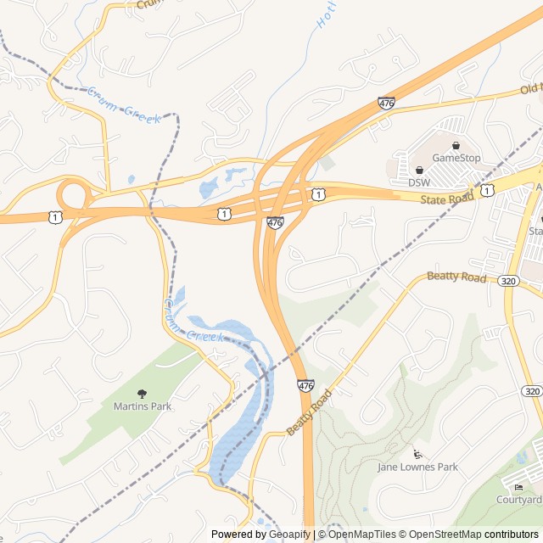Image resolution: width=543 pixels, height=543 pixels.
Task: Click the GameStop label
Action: (456, 158)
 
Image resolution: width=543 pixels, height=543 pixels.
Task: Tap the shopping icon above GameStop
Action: (456, 145)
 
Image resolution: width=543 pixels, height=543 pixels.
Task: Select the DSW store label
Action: (419, 182)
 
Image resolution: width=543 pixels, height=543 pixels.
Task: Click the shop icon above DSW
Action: (419, 170)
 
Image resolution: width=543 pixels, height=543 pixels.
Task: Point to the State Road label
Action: (447, 199)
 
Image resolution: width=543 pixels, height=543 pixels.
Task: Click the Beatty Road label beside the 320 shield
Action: (456, 277)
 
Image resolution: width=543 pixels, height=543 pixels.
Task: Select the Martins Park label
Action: (143, 406)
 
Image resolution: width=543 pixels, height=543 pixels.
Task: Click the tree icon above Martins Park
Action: (142, 393)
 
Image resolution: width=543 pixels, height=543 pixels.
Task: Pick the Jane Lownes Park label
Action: (417, 467)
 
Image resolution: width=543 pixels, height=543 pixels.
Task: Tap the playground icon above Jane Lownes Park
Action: (416, 453)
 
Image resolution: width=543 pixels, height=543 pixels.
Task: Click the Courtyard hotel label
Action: (519, 500)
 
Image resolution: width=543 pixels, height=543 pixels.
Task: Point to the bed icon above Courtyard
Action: (518, 487)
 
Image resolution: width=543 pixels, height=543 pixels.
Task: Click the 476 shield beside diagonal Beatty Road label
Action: (305, 386)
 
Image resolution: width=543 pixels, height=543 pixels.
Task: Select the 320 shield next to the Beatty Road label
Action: (509, 281)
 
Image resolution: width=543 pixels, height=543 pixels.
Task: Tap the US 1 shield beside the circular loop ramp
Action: (55, 217)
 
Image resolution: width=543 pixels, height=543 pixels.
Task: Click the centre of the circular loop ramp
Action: (75, 194)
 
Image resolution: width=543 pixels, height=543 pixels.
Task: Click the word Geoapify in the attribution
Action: (290, 535)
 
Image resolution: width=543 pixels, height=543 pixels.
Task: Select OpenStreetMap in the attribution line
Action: (445, 535)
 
